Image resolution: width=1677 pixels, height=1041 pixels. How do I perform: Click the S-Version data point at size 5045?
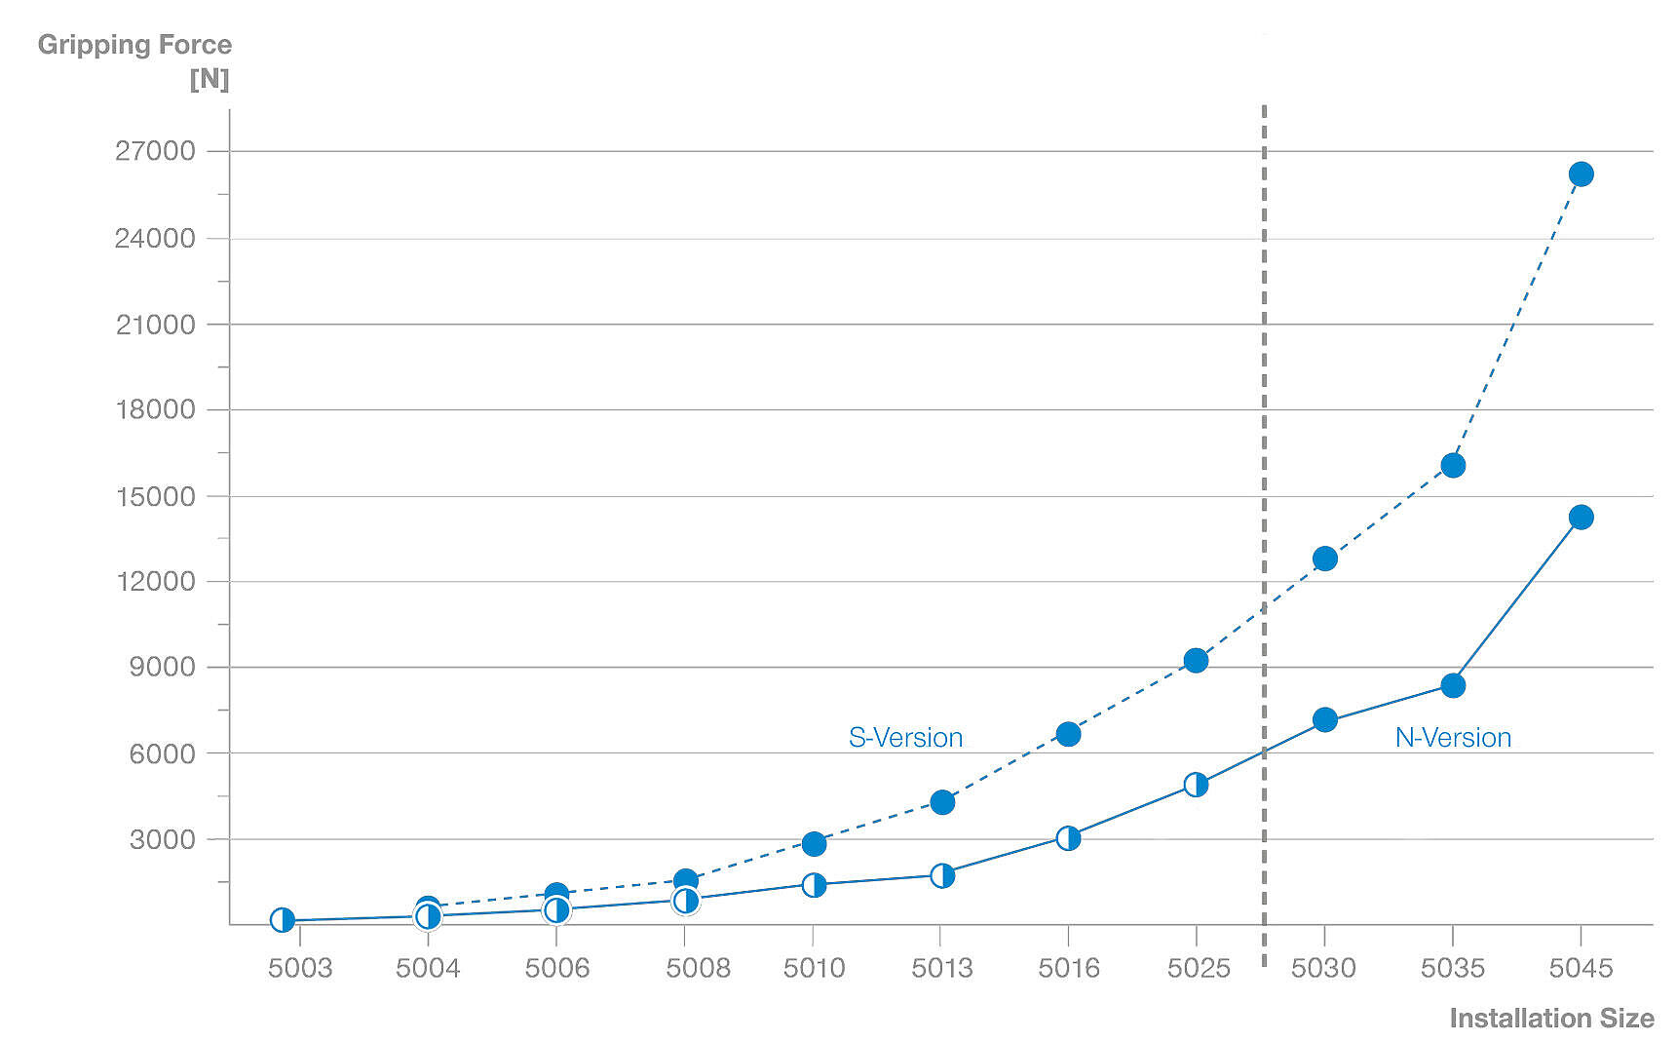(1581, 174)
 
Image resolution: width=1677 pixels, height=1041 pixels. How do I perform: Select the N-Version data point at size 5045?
(1581, 518)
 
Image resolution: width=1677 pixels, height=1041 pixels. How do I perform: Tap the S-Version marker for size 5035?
(1452, 465)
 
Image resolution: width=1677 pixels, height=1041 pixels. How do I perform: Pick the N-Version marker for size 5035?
(1452, 685)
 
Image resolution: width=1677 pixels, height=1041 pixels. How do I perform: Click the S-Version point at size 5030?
(1324, 559)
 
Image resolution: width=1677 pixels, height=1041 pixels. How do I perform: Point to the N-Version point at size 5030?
(1324, 720)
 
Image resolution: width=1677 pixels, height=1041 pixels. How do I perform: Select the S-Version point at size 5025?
(1196, 661)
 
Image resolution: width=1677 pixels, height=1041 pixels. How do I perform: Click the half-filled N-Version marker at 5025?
(1196, 785)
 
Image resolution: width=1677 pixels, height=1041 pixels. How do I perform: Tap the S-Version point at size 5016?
(1068, 734)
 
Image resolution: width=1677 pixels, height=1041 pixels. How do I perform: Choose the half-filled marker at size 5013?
(941, 875)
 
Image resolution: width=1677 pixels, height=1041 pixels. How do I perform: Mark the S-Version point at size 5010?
(814, 843)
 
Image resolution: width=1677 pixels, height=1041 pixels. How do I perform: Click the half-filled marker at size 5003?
(282, 919)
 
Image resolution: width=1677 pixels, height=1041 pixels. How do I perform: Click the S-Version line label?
(905, 738)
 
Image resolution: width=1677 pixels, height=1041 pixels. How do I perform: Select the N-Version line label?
(1453, 738)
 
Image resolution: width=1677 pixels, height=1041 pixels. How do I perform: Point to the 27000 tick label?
(155, 151)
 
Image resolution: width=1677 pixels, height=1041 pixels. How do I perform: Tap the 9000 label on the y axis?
(162, 668)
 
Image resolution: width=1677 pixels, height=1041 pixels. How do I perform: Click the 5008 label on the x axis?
(698, 968)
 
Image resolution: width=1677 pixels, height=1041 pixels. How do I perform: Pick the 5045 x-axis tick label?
(1581, 968)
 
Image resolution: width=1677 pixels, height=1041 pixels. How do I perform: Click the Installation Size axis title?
(1551, 1019)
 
